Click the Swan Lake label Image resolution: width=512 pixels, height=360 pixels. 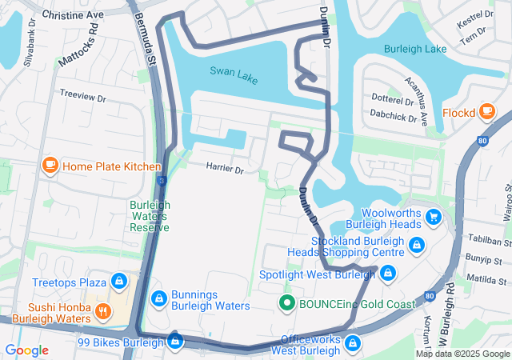click(234, 71)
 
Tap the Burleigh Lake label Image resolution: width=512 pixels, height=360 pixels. click(415, 49)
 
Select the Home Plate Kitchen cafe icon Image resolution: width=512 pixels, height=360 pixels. click(50, 166)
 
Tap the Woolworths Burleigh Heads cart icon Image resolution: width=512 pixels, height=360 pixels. click(434, 217)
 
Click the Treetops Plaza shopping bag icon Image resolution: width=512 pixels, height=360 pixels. click(119, 282)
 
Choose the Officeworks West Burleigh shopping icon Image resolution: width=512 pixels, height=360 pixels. click(352, 344)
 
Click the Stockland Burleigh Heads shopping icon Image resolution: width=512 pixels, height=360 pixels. click(416, 245)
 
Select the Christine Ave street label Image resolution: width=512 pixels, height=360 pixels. click(72, 15)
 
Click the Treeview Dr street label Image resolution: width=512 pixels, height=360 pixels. click(82, 96)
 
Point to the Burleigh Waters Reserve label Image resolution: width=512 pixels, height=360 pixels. click(150, 216)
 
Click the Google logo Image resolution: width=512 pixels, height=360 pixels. click(27, 350)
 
